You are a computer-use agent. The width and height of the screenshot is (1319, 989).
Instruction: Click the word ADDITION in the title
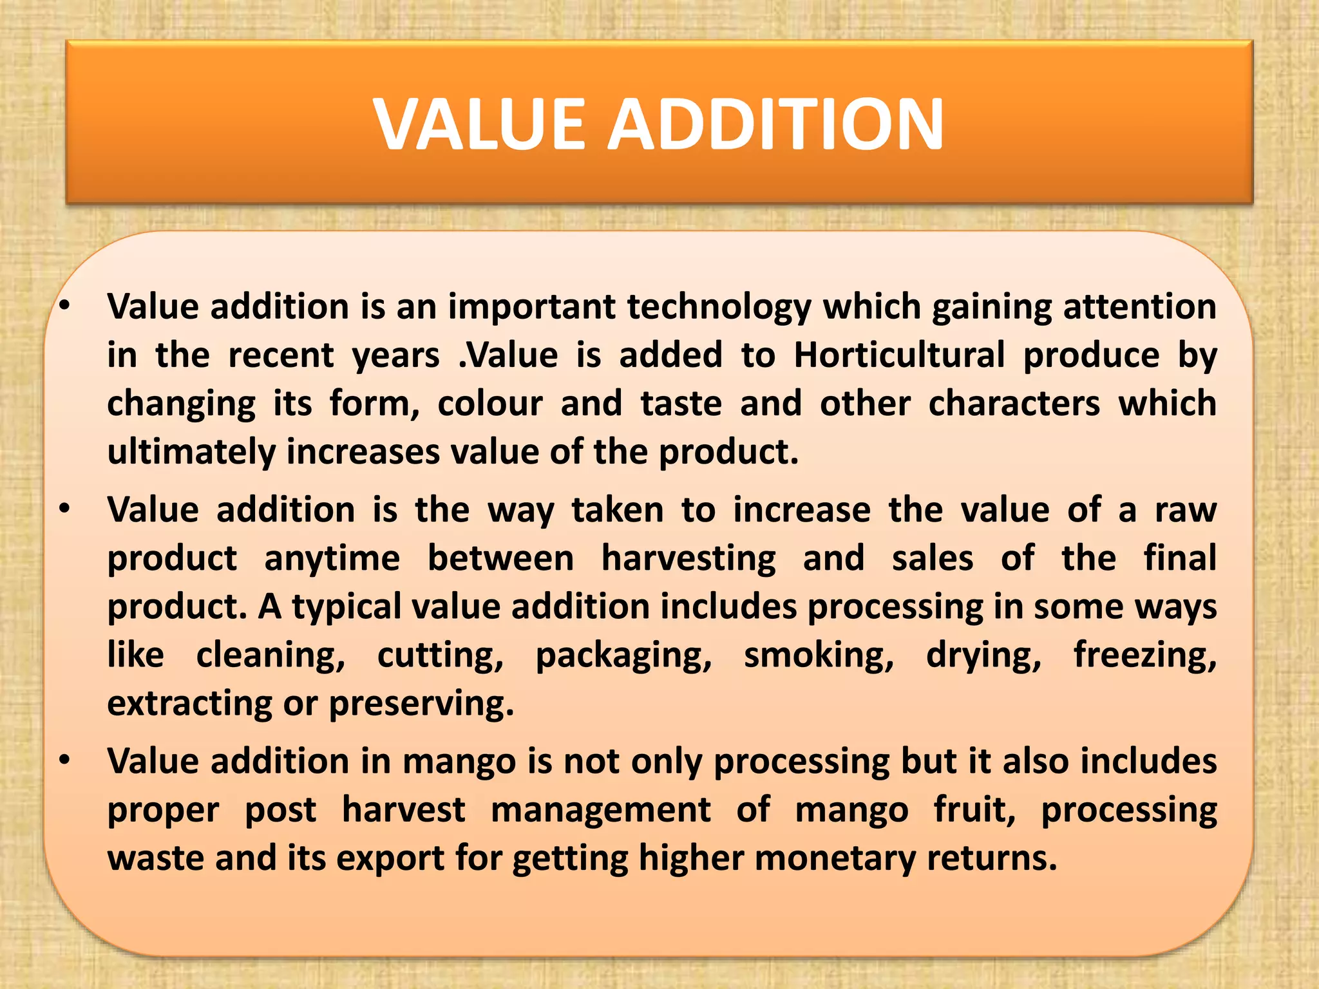point(776,124)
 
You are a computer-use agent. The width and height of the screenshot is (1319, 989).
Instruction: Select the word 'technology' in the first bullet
point(719,307)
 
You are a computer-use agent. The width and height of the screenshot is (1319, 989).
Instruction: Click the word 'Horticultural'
point(899,355)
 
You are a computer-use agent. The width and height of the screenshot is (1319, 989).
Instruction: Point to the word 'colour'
point(490,404)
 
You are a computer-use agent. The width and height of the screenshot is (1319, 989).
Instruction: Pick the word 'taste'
point(681,404)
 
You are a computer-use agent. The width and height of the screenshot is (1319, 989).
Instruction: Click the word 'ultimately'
point(191,452)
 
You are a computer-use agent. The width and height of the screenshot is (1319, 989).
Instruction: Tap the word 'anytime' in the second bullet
point(332,558)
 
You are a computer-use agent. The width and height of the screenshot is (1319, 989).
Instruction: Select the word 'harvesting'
point(688,558)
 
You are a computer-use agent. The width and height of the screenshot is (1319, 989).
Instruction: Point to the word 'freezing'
point(1144,655)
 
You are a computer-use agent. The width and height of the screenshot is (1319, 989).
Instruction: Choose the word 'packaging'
point(623,655)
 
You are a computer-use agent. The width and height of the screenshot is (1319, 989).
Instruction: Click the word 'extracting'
point(190,703)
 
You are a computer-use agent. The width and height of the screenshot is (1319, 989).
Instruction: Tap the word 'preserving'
point(421,703)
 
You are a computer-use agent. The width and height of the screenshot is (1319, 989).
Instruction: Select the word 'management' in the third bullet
point(601,809)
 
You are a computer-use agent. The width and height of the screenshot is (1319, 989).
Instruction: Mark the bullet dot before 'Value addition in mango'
point(64,760)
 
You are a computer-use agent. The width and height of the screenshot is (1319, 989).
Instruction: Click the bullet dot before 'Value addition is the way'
point(64,509)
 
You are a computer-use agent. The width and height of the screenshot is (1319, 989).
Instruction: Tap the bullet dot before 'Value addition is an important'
point(64,306)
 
